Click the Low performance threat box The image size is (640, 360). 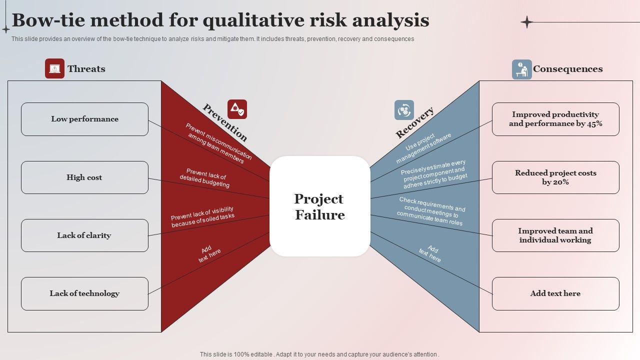pyautogui.click(x=84, y=119)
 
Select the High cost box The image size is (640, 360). pyautogui.click(x=84, y=177)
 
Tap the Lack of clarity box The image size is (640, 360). pyautogui.click(x=84, y=235)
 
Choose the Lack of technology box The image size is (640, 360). pyautogui.click(x=84, y=293)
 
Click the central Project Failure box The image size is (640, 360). pyautogui.click(x=320, y=206)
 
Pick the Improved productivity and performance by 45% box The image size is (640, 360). pyautogui.click(x=555, y=119)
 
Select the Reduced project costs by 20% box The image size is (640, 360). pyautogui.click(x=555, y=177)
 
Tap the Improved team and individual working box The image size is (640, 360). pyautogui.click(x=555, y=235)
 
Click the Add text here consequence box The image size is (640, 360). pyautogui.click(x=555, y=293)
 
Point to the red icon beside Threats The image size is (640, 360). pyautogui.click(x=54, y=68)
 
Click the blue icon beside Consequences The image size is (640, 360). pyautogui.click(x=521, y=69)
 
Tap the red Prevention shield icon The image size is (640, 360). pyautogui.click(x=237, y=109)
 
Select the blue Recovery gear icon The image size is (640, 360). pyautogui.click(x=404, y=110)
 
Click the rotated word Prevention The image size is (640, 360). pyautogui.click(x=225, y=122)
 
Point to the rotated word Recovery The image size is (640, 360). pyautogui.click(x=414, y=122)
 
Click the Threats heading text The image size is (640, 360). pyautogui.click(x=86, y=69)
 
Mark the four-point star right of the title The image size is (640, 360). pyautogui.click(x=526, y=22)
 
